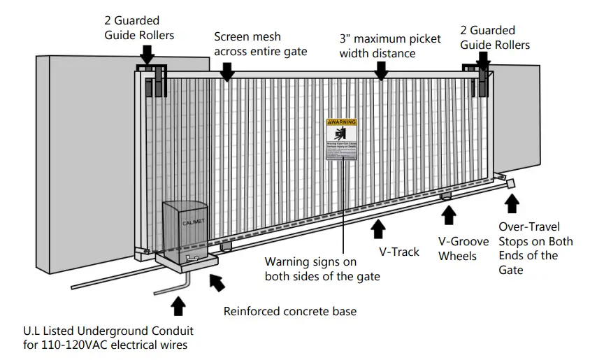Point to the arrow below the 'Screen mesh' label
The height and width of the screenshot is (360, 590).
pos(226,71)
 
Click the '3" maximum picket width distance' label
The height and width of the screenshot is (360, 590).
pos(390,46)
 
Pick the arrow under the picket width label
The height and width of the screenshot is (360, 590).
pos(381,71)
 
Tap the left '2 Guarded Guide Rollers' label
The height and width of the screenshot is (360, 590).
pos(140,28)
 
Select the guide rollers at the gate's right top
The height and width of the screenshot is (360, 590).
pos(479,79)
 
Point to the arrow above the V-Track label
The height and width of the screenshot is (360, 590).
pos(378,229)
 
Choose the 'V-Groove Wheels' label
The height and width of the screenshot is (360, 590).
pos(457,249)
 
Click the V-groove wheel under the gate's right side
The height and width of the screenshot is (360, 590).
pos(445,199)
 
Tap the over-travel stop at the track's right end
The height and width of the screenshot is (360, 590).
pos(510,183)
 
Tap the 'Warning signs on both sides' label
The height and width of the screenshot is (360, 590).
pos(322,269)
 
